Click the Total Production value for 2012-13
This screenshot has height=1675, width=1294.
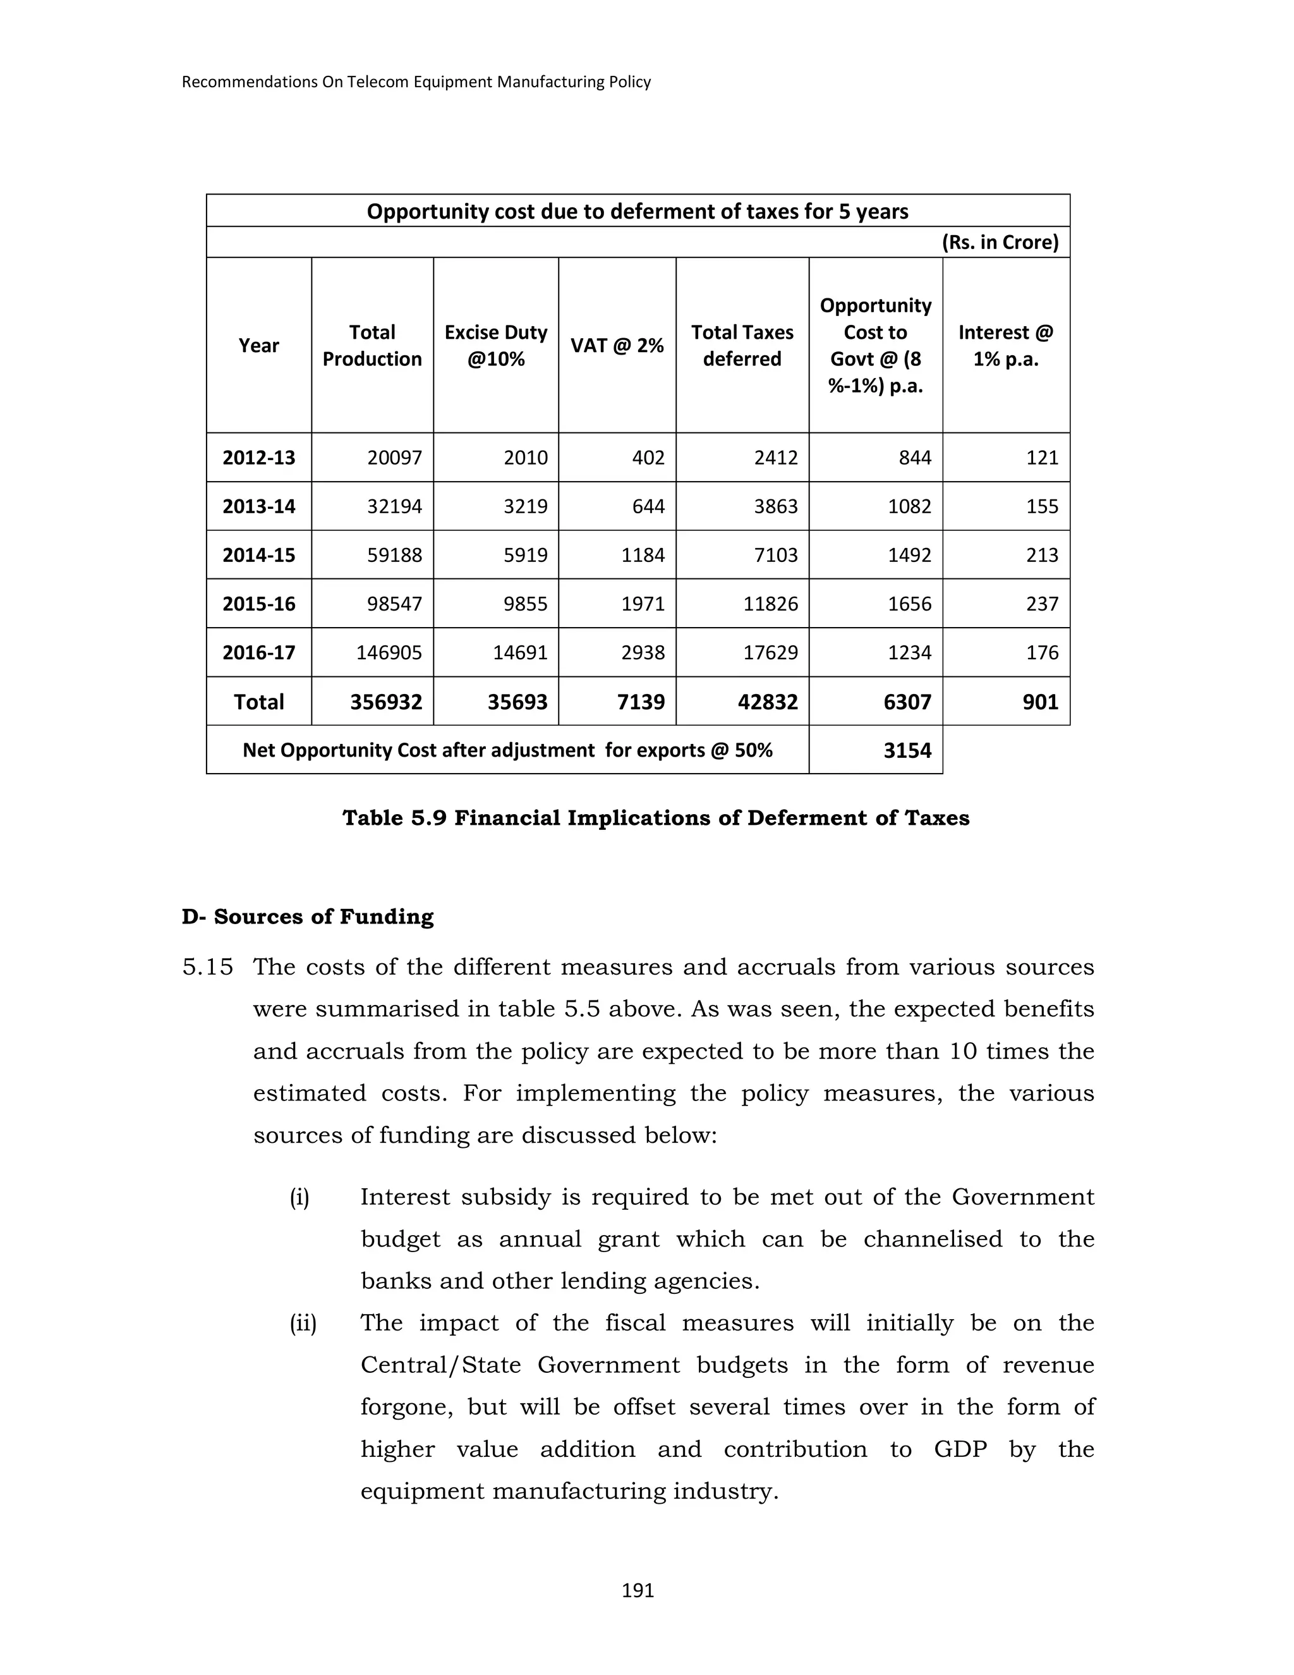tap(394, 458)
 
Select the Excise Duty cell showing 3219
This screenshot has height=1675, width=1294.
tap(525, 506)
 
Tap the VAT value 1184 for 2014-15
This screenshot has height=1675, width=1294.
tap(643, 555)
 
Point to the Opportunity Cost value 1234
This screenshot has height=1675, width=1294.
tap(909, 653)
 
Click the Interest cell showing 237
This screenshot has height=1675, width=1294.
tap(1042, 604)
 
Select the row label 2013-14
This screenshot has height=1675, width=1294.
tap(258, 506)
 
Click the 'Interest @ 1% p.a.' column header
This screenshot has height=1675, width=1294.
tap(1005, 345)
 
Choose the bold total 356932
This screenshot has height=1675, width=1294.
tap(385, 702)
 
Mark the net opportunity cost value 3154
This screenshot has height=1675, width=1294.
tap(907, 750)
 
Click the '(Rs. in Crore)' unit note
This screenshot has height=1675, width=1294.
tap(1000, 242)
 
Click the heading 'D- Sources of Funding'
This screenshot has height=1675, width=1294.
tap(308, 917)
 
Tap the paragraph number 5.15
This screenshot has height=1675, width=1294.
tap(207, 967)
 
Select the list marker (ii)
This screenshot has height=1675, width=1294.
tap(303, 1323)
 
